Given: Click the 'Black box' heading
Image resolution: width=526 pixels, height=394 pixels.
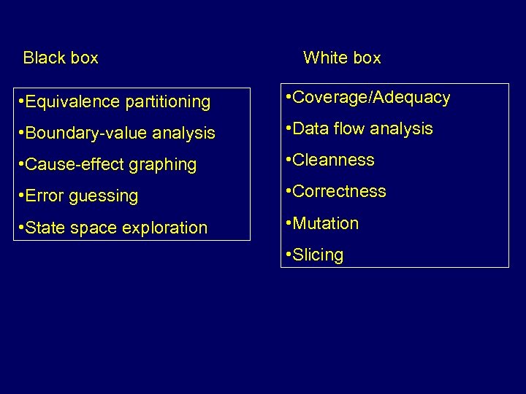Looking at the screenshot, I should [x=61, y=58].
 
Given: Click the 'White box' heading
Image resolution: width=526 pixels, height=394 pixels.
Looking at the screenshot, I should [x=342, y=58].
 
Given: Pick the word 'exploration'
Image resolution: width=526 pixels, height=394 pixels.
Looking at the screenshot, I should [x=165, y=228].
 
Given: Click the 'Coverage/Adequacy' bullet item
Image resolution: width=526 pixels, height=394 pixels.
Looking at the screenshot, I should [x=369, y=98].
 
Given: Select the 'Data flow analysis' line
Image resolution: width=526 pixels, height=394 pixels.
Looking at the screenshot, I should [x=360, y=129].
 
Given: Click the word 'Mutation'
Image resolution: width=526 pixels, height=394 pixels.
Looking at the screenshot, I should [x=326, y=223].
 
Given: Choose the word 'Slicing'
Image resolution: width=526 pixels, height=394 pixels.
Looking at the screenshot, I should [x=318, y=255].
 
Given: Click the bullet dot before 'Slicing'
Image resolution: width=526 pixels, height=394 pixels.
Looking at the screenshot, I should [x=289, y=255].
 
